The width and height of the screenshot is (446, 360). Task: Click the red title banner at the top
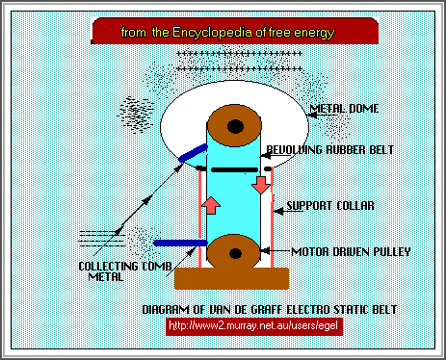pyautogui.click(x=227, y=33)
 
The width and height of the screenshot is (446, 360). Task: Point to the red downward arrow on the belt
pyautogui.click(x=261, y=183)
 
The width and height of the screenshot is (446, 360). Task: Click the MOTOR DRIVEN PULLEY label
pyautogui.click(x=336, y=252)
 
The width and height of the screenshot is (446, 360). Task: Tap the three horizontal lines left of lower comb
pyautogui.click(x=95, y=234)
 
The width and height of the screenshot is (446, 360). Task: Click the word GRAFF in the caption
pyautogui.click(x=257, y=310)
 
